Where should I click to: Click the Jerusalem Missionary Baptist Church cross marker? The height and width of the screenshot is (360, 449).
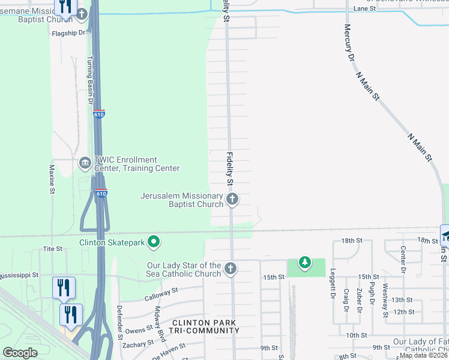[x=232, y=199]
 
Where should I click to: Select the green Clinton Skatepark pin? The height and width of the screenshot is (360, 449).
[x=154, y=242]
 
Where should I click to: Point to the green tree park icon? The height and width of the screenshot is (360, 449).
[x=305, y=262]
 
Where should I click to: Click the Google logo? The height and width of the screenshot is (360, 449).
[x=20, y=353]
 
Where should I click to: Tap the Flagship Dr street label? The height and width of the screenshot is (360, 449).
[x=69, y=33]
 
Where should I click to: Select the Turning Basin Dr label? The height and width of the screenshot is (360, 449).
[x=91, y=80]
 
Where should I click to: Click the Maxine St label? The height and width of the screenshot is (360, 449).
[x=52, y=179]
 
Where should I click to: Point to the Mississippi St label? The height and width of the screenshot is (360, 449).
[x=19, y=275]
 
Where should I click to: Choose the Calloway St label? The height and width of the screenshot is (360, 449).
[x=162, y=293]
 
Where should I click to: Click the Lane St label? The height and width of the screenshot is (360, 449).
[x=364, y=8]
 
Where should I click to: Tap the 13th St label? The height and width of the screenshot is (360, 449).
[x=402, y=300]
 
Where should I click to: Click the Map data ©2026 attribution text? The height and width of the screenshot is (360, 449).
[x=424, y=355]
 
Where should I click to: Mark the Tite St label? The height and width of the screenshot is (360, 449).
[x=53, y=248]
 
